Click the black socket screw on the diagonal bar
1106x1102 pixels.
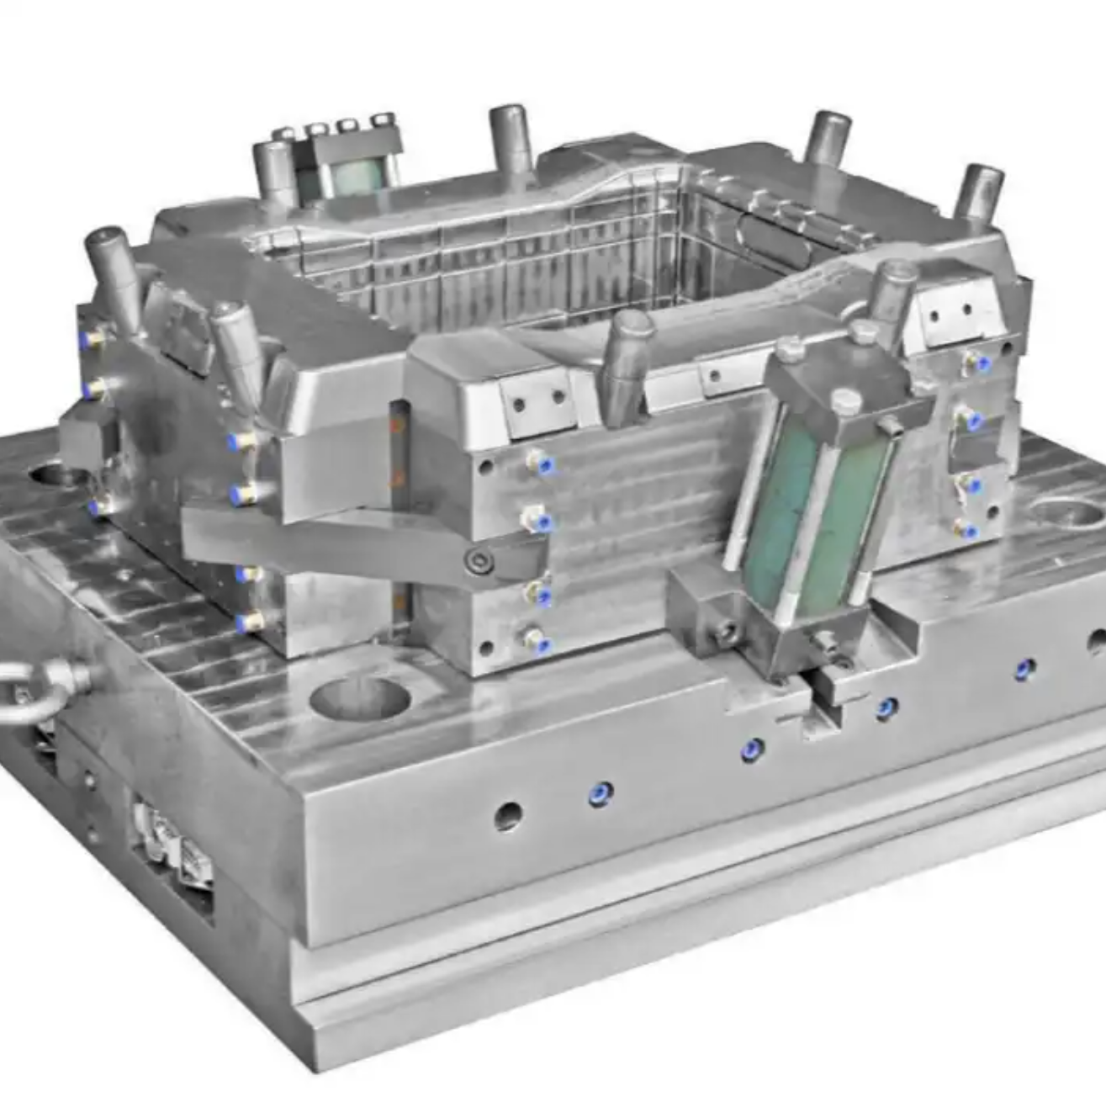(479, 559)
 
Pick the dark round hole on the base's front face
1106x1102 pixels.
(507, 814)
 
